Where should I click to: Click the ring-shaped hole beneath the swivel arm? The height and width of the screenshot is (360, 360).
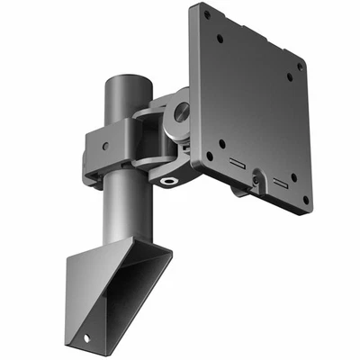pyautogui.click(x=170, y=180)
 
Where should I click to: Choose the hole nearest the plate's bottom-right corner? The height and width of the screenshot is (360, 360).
pyautogui.click(x=305, y=200)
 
